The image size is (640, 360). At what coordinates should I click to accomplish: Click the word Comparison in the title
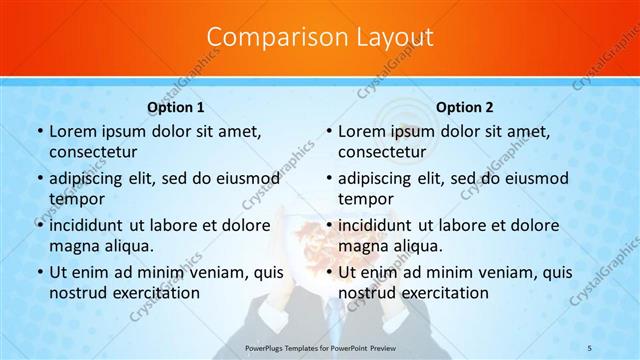coord(269,37)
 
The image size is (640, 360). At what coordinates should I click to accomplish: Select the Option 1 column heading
coord(176,107)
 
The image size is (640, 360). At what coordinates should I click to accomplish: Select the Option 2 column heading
coord(465,107)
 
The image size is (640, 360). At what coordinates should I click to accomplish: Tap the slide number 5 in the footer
coord(590,346)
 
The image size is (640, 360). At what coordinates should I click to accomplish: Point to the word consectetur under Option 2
coord(381,152)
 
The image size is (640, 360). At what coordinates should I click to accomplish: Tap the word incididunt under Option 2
coord(376,226)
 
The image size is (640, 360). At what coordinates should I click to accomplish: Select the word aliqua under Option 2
coord(410,246)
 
